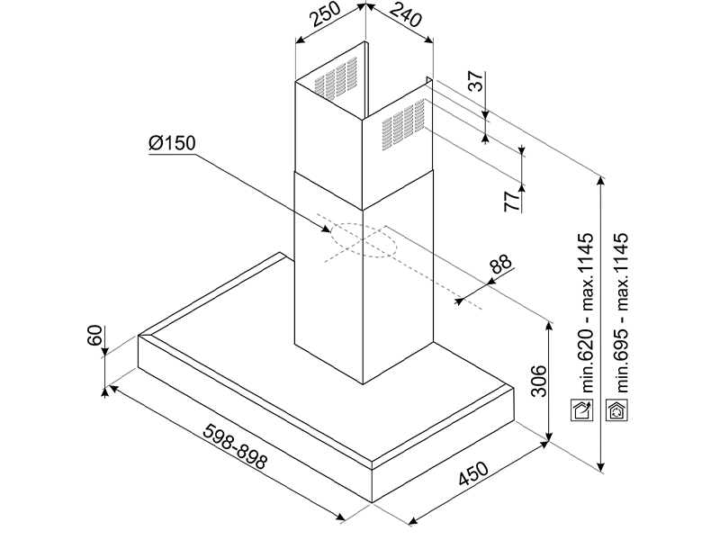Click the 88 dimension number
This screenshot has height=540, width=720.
[x=500, y=266]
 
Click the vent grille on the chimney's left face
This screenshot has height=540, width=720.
[x=336, y=78]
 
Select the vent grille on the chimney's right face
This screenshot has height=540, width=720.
[x=402, y=124]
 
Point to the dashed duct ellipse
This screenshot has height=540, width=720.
[x=363, y=239]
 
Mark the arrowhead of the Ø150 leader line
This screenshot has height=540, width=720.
[x=330, y=233]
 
